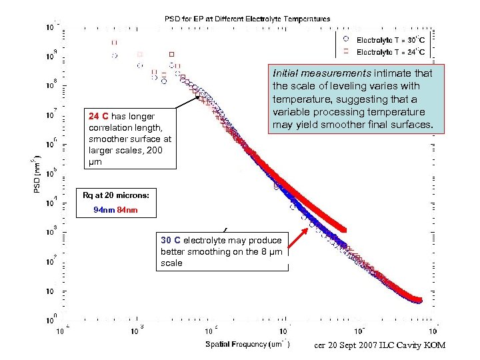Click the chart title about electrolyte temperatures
coord(247,19)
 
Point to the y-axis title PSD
coord(37,175)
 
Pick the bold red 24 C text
coord(99,115)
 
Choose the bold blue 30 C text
coord(171,240)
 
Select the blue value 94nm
coord(104,211)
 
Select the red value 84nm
coord(127,211)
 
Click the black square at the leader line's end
coord(198,98)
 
